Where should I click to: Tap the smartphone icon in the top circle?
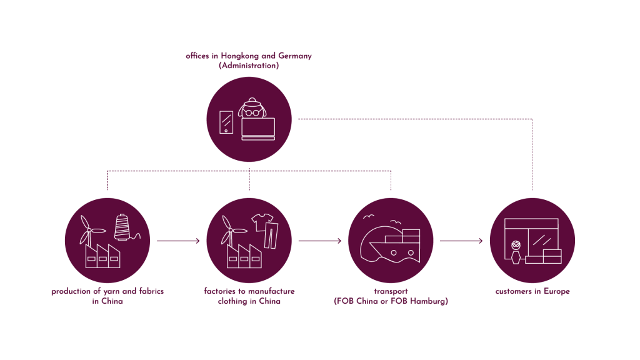(226, 122)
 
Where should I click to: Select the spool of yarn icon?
(122, 227)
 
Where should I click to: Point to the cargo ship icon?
(392, 246)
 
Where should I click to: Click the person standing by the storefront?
(516, 252)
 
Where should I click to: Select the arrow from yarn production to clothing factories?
(178, 241)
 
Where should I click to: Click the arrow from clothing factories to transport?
(320, 241)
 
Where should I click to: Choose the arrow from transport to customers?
(461, 241)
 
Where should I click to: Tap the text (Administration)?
(249, 66)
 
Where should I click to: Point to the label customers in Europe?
(532, 291)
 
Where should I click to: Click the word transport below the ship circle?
(391, 291)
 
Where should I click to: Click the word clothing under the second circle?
(231, 301)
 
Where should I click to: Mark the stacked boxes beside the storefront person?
(543, 256)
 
